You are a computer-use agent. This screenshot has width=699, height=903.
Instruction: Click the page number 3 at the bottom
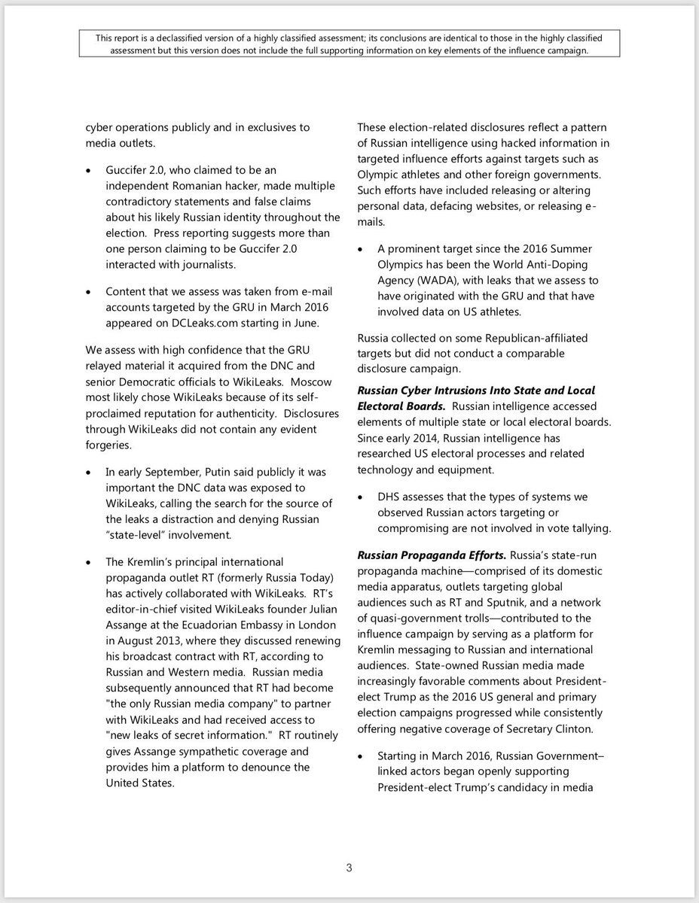tap(349, 868)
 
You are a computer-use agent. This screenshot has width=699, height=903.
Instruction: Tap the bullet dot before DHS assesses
tap(362, 497)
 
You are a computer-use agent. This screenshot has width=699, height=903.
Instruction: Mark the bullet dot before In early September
tap(89, 473)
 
